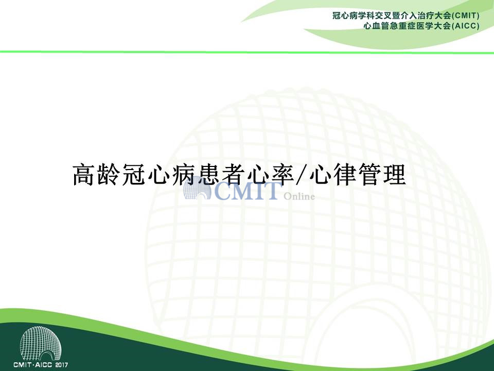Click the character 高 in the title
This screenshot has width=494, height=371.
[83, 175]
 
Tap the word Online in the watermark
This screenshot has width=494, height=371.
[299, 196]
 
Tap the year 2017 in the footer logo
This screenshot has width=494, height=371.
[61, 365]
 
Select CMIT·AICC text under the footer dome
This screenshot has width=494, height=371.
[33, 365]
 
